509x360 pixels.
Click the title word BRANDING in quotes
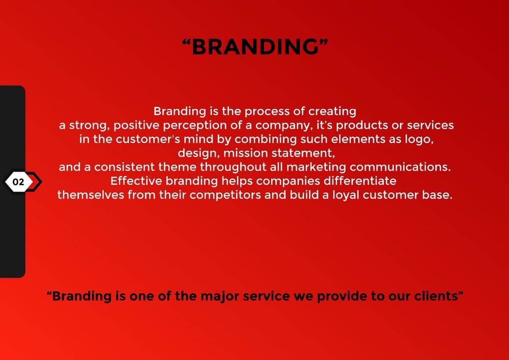pos(255,46)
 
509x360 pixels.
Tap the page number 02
pos(18,182)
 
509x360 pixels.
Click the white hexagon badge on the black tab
pos(19,182)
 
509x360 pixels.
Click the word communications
pos(400,167)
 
